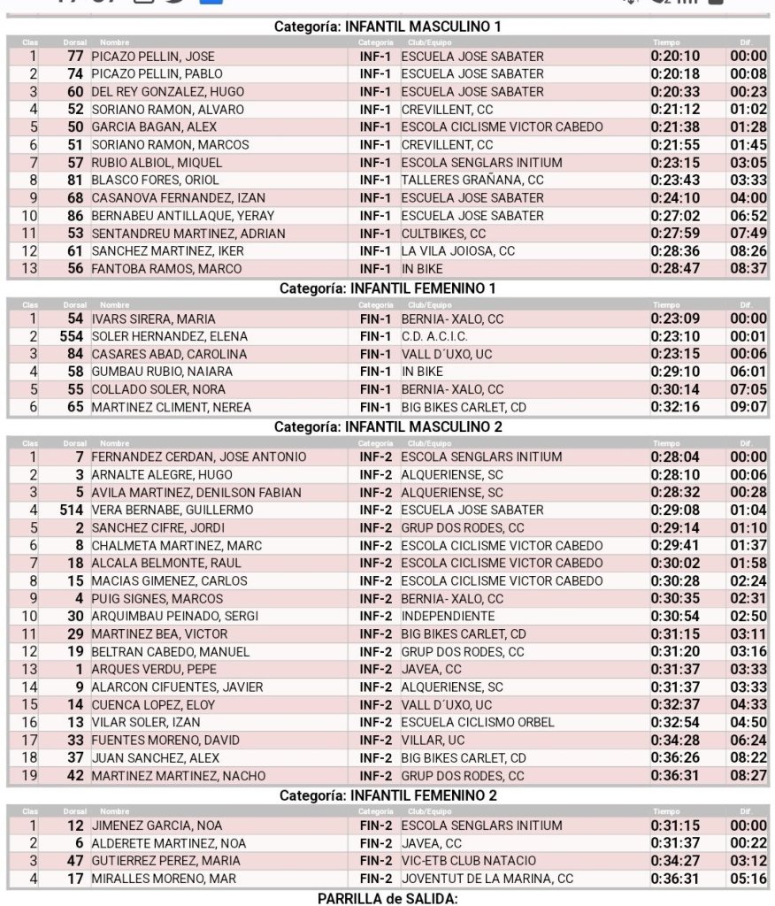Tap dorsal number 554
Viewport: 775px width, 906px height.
click(x=72, y=336)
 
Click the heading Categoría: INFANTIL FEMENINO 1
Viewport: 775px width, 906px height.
click(x=388, y=288)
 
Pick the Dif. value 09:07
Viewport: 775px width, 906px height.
click(x=748, y=407)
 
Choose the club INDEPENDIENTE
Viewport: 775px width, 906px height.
click(x=448, y=616)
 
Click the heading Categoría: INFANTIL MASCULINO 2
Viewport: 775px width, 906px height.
click(x=388, y=426)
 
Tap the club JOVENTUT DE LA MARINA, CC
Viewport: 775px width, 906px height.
click(x=487, y=879)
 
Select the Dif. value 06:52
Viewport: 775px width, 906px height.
click(x=748, y=215)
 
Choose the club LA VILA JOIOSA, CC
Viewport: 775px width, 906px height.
click(x=457, y=250)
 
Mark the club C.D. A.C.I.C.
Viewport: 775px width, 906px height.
click(x=434, y=336)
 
